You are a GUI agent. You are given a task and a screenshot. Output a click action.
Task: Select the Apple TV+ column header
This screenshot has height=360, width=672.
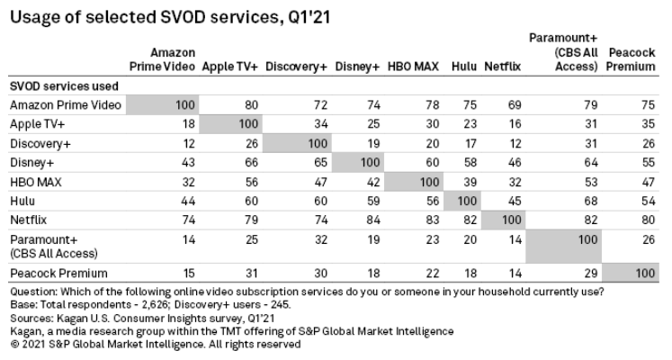(230, 66)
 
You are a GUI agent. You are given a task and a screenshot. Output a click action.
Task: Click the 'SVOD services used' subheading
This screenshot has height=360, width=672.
(59, 85)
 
